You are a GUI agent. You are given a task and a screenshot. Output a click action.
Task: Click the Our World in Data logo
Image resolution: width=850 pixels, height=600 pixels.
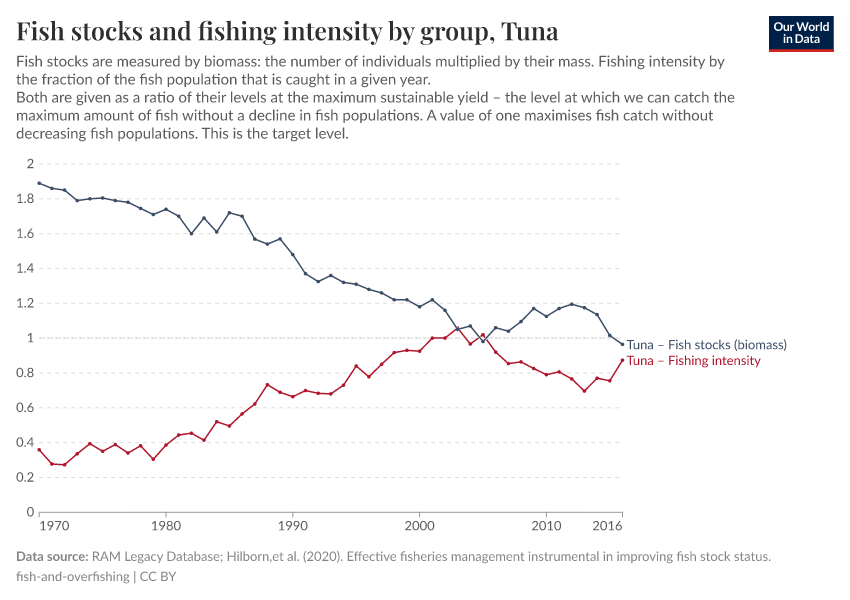coord(800,33)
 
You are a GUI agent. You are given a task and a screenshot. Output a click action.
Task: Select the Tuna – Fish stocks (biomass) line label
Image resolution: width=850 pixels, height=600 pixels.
coord(706,345)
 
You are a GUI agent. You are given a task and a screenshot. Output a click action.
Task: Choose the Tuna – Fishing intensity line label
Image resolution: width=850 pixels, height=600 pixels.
coord(693,361)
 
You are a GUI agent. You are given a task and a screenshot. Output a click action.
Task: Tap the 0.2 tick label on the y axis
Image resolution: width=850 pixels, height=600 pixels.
coord(25,478)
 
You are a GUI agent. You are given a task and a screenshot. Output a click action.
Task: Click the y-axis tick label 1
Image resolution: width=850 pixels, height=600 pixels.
coord(30,338)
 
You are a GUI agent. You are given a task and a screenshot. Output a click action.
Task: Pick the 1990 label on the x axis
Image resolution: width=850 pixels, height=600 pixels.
coord(292,525)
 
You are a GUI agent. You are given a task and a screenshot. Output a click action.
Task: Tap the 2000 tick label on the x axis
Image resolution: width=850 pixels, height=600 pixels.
coord(419,525)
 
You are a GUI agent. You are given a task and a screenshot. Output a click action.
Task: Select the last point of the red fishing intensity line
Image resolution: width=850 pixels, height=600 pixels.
coord(622,360)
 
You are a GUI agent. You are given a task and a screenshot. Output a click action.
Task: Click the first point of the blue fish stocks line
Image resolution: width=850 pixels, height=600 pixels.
coord(39,183)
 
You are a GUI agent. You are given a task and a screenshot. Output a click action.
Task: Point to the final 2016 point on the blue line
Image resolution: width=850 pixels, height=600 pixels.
coord(622,344)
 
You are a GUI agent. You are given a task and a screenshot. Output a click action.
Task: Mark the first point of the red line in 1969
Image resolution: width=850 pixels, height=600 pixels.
coord(39,450)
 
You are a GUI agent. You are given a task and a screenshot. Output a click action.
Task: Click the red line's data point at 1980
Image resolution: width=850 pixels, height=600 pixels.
coord(166,445)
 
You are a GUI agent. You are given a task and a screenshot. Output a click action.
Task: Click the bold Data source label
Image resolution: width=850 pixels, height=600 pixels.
coord(52,557)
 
